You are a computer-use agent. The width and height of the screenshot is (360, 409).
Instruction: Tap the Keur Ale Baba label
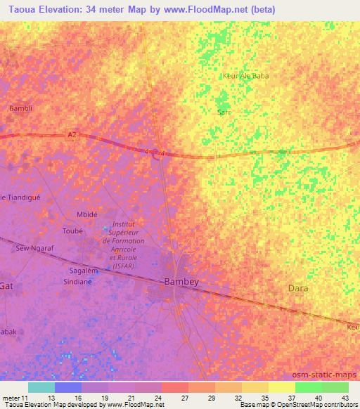coord(245,76)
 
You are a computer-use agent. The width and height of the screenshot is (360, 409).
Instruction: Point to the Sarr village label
coord(224,112)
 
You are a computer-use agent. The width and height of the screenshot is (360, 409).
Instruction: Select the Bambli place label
coord(21,108)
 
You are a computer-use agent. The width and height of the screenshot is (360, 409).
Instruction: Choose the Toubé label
coord(72,230)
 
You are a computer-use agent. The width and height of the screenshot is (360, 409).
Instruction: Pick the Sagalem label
coord(83,270)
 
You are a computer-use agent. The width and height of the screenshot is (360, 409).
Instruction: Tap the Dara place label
coord(299,288)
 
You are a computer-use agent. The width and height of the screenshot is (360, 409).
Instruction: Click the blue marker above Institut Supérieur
coord(107,227)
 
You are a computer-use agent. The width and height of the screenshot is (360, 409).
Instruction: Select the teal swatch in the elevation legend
coord(41,387)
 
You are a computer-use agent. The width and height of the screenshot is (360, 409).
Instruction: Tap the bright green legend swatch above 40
coord(308,387)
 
